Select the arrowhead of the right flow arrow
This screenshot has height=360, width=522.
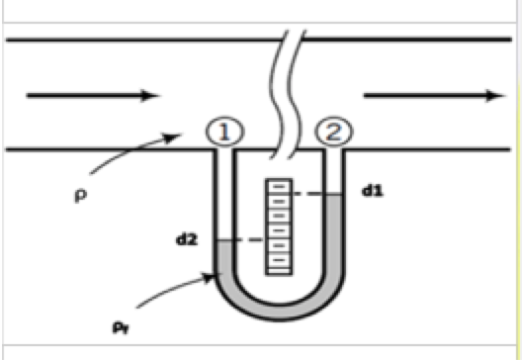(491, 95)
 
